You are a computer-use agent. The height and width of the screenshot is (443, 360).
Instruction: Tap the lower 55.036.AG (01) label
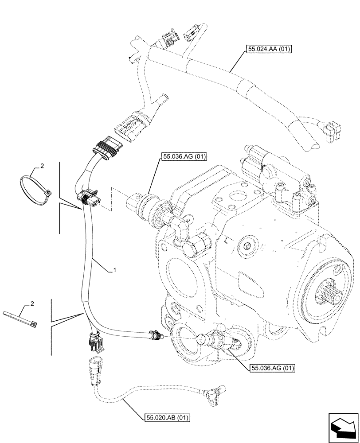tap(272, 368)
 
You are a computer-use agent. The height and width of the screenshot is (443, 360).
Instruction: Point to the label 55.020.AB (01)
tap(167, 417)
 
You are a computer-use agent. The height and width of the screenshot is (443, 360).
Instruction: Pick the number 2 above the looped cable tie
tap(42, 166)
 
